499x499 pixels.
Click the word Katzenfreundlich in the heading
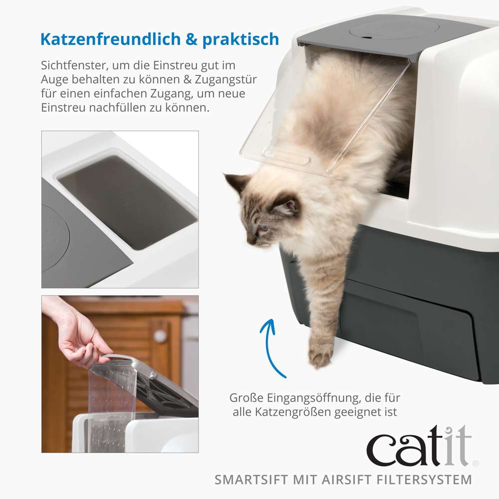coord(110,39)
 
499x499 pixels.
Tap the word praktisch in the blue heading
coord(241,40)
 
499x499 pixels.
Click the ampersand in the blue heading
coord(191,39)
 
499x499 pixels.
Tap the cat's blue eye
coord(263,228)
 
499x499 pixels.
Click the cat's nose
coord(250,241)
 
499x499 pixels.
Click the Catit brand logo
coord(420,446)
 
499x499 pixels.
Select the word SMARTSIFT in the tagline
coord(251,480)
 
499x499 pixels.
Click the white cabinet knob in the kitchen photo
coord(160,336)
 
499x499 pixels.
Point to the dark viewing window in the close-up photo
coord(127,202)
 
